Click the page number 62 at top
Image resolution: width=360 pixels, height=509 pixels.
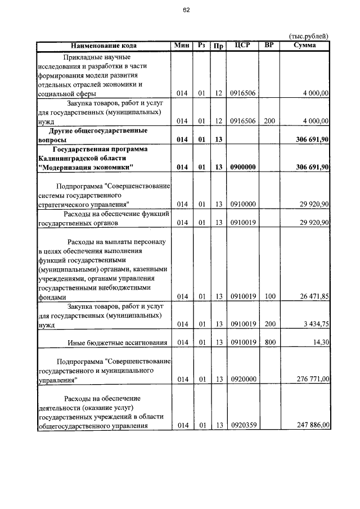186,8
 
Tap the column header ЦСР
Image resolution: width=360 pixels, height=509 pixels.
242,46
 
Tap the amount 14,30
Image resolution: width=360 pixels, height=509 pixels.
321,343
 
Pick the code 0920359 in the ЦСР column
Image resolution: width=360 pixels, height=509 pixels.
243,425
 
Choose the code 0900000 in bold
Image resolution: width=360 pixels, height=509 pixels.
243,167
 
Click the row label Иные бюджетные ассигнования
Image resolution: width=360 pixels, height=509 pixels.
117,343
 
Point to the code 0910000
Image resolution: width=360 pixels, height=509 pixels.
243,204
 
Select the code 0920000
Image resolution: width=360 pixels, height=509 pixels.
243,380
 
